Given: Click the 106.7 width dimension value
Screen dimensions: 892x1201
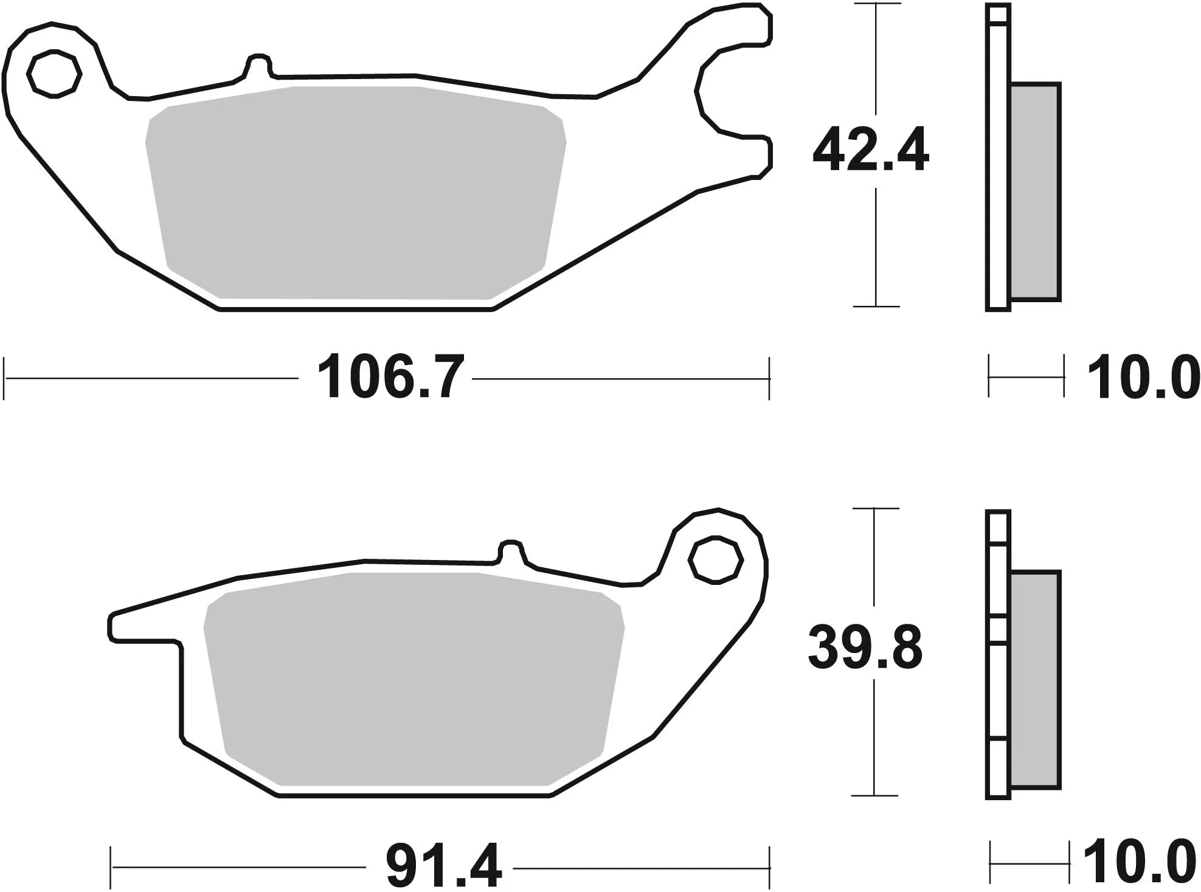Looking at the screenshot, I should click(x=390, y=378).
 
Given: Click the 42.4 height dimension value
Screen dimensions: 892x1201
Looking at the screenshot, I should click(x=870, y=151).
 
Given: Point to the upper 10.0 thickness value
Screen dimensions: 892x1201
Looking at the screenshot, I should click(x=1143, y=378).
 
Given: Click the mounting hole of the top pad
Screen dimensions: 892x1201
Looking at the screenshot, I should click(x=55, y=74).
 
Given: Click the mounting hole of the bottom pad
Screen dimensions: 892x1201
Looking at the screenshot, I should click(x=716, y=560).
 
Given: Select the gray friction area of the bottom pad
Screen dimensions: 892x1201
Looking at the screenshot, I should click(x=414, y=678).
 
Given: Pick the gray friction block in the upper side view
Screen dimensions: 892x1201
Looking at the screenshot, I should click(x=1035, y=192).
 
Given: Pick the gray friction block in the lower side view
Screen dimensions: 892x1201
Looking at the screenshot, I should click(x=1035, y=680).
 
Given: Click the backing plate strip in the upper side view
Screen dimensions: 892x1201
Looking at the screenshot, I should click(x=997, y=158).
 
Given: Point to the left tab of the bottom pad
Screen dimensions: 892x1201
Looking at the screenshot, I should click(x=143, y=626).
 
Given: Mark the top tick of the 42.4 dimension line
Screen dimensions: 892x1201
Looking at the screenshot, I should click(x=875, y=4).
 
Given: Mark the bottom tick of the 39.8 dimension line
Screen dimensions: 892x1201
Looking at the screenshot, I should click(x=874, y=795).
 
